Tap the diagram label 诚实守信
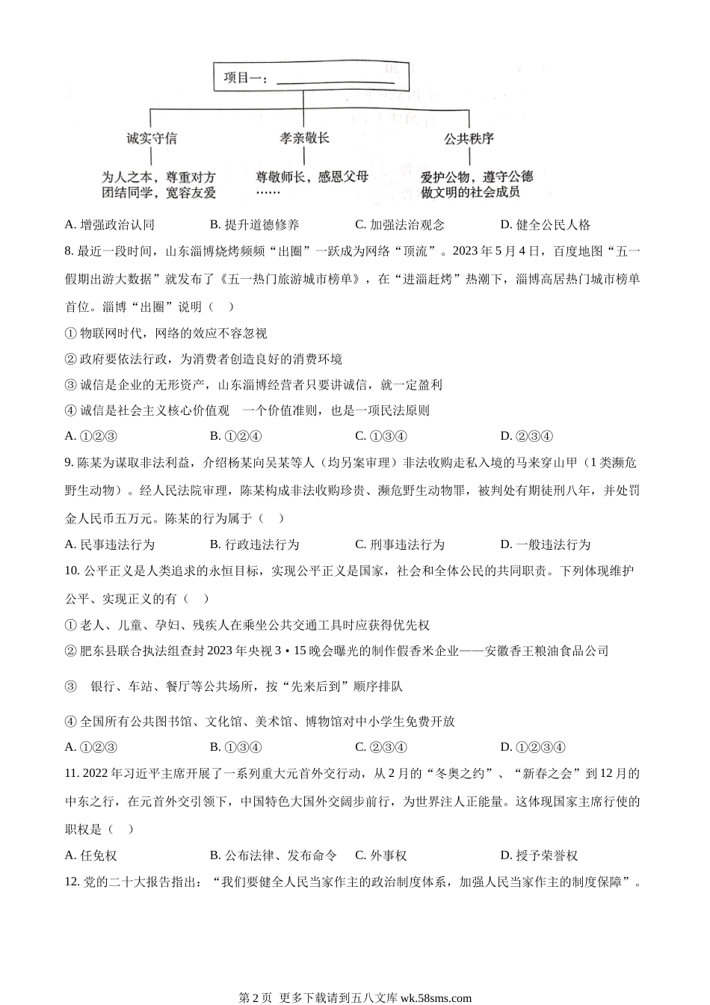point(152,138)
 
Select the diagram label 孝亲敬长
point(305,138)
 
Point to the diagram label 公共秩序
point(469,138)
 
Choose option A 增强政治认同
point(110,224)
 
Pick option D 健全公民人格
point(546,224)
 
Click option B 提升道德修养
point(255,224)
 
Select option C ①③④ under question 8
point(381,436)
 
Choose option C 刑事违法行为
point(400,544)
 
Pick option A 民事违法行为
point(110,544)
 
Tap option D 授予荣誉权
point(539,855)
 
